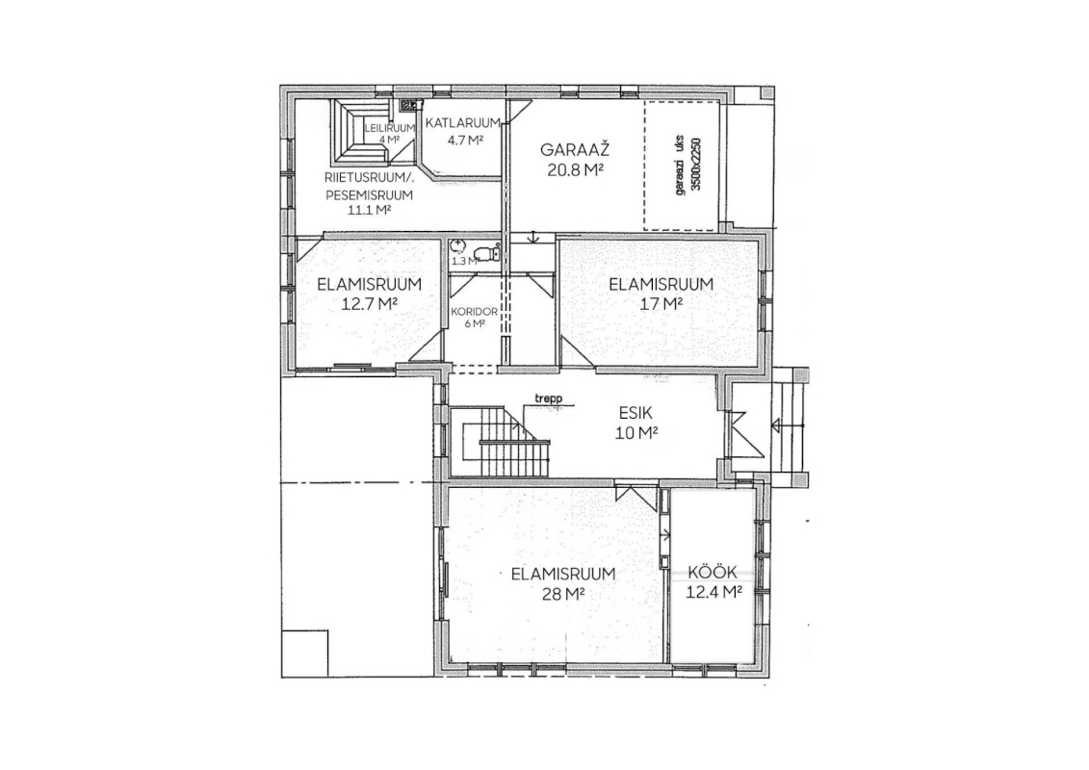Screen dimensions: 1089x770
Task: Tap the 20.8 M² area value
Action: coord(575,169)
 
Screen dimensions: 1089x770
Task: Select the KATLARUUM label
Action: coord(462,123)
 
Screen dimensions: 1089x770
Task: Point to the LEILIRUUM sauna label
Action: coord(390,128)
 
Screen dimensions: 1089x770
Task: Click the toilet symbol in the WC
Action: coord(489,253)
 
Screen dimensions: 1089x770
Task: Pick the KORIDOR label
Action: coord(475,312)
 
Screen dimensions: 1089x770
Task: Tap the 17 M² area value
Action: coord(661,303)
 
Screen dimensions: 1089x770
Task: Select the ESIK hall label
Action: coord(635,413)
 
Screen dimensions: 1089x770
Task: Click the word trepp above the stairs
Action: coord(548,399)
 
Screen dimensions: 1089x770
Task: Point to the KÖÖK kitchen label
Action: coord(712,573)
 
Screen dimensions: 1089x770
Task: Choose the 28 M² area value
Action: coord(563,594)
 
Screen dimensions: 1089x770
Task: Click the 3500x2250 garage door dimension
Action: coord(697,166)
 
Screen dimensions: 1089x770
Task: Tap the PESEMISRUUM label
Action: coord(369,195)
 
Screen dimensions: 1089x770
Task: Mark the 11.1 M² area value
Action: coord(369,210)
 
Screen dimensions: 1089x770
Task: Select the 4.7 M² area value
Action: coord(464,140)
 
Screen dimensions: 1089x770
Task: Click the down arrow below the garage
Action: coord(533,237)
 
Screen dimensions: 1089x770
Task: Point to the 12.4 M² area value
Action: coord(713,592)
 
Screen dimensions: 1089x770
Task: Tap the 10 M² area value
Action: coord(636,432)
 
